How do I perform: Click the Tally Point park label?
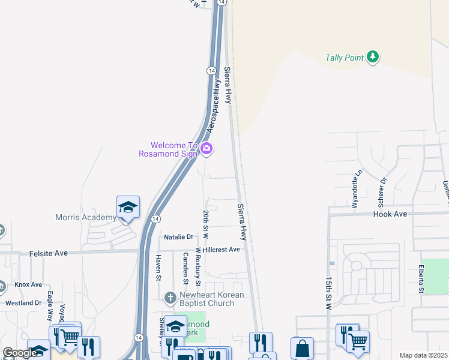coord(345,58)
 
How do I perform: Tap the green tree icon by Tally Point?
coord(373,57)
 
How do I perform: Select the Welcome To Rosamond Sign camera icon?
coord(206,149)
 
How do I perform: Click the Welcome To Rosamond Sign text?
coord(174,149)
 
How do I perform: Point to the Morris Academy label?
coord(85,217)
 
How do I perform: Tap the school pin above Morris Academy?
coord(128,208)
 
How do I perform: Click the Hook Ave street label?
coord(390,214)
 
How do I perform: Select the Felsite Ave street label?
coord(49,254)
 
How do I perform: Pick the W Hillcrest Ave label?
coord(217,249)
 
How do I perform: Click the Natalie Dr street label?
coord(178,237)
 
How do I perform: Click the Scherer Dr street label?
coord(382,188)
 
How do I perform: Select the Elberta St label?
coord(422,279)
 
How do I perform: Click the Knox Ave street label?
coord(28,284)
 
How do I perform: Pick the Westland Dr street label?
coord(23,303)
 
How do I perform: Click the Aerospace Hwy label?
coord(214,112)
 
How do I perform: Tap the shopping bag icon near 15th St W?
coord(302,348)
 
